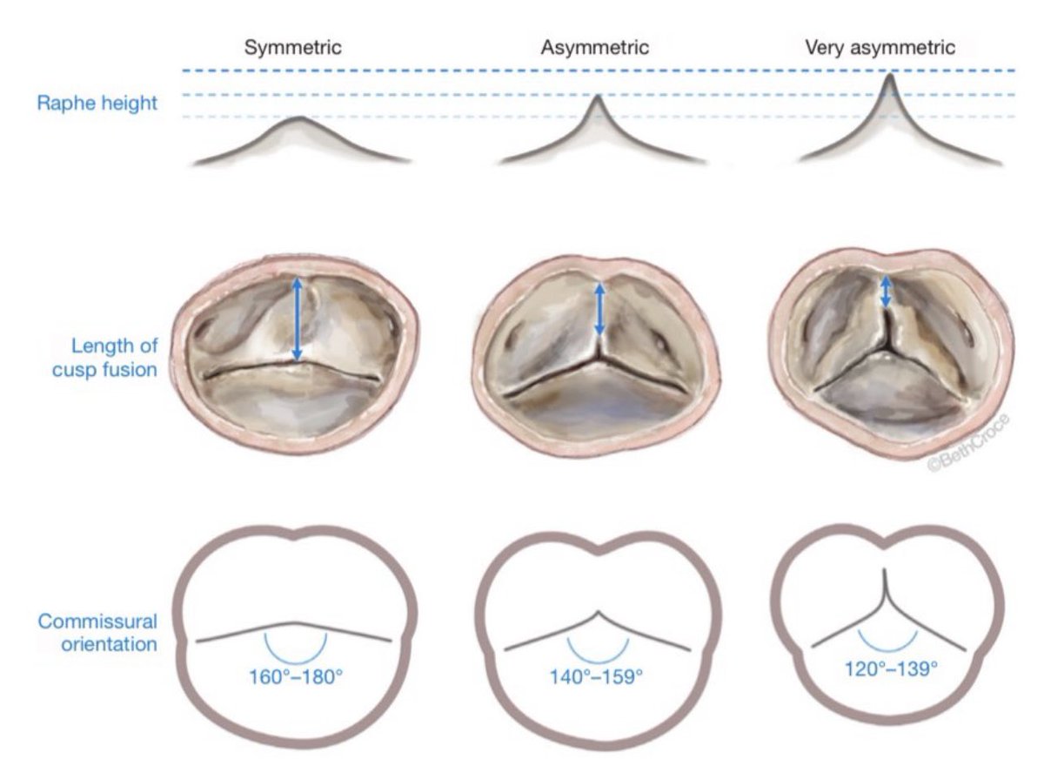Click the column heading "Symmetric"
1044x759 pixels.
click(x=292, y=48)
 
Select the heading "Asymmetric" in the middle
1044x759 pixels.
click(x=595, y=48)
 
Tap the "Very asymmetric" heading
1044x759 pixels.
click(x=880, y=48)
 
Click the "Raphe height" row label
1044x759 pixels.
click(x=97, y=104)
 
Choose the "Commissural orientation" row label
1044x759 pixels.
click(x=97, y=633)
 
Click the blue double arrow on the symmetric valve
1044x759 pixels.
click(x=297, y=319)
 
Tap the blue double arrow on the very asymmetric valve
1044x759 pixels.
click(x=886, y=292)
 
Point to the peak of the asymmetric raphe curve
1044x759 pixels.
click(x=598, y=96)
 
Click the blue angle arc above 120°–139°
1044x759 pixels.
click(x=888, y=644)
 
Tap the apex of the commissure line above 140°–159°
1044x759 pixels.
click(x=598, y=611)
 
